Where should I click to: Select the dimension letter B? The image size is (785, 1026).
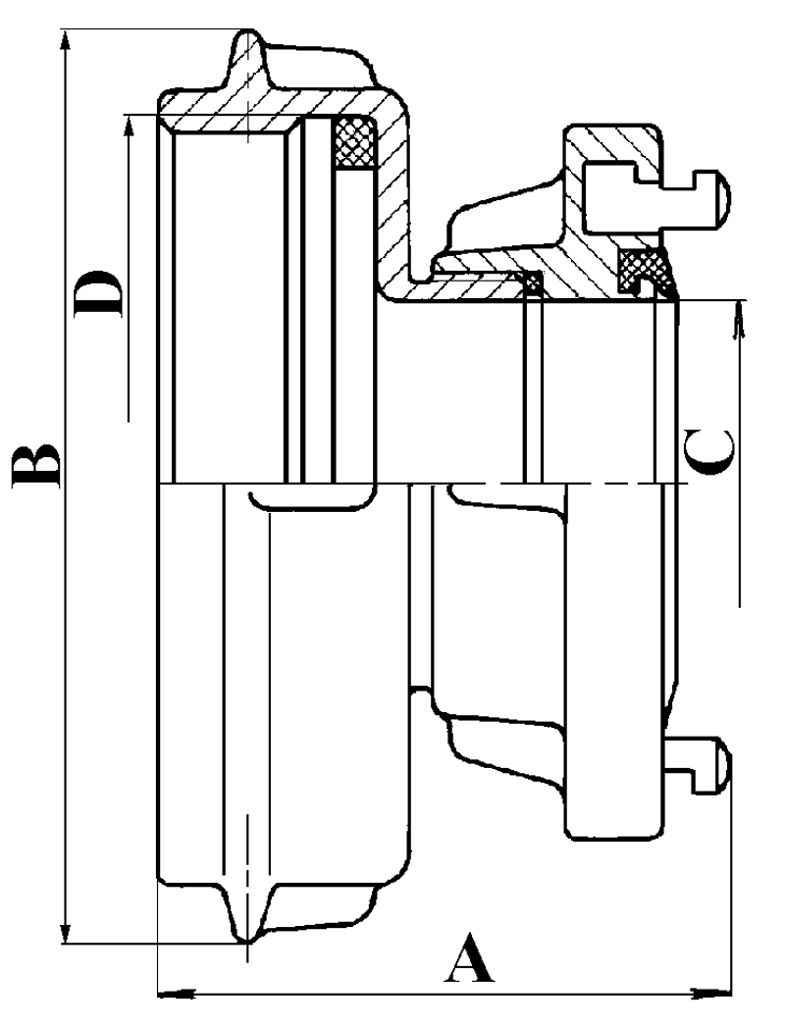coord(37,465)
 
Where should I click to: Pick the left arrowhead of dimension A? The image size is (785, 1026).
coord(171,994)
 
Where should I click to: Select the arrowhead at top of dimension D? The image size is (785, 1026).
coord(128,126)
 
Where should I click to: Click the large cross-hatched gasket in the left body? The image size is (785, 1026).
coord(354,143)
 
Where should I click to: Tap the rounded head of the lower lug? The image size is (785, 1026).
coord(722,763)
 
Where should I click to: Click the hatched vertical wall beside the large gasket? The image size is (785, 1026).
coord(392,196)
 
